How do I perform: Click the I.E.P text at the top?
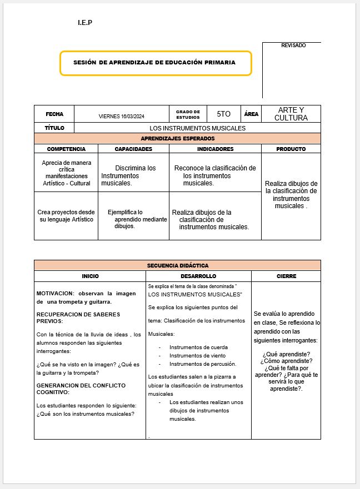tap(85, 23)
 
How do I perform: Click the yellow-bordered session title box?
tap(155, 63)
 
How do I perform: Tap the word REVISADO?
tap(293, 46)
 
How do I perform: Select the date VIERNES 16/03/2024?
tap(121, 116)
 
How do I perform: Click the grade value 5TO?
tap(223, 114)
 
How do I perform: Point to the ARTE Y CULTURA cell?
tap(291, 114)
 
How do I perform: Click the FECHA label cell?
tap(54, 114)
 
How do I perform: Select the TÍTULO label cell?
tap(54, 128)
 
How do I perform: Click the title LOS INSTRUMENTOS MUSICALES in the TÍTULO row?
tap(197, 128)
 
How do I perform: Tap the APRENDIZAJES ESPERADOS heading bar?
tap(177, 139)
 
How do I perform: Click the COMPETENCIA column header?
tap(66, 149)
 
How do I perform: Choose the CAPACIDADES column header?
tap(133, 149)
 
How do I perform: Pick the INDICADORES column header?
tap(215, 149)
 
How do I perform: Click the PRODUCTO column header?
tap(291, 149)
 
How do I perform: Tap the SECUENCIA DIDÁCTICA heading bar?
tap(177, 265)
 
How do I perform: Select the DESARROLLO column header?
tap(198, 276)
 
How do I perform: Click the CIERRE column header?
tap(286, 276)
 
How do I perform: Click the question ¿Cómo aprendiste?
tap(286, 361)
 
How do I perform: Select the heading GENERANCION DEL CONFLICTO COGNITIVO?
tap(81, 389)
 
